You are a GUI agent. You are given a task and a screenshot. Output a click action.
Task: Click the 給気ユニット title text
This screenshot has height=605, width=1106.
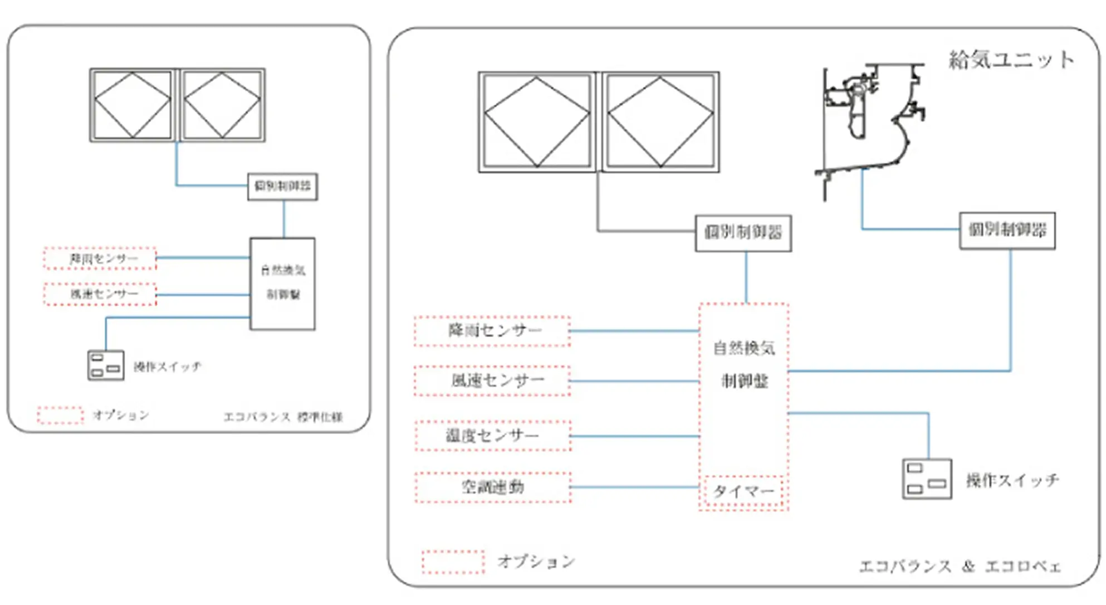pyautogui.click(x=1011, y=60)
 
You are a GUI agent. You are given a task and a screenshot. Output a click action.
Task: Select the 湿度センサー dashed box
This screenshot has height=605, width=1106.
pyautogui.click(x=493, y=436)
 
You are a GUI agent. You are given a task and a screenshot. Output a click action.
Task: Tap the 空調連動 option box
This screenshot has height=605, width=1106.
pyautogui.click(x=493, y=487)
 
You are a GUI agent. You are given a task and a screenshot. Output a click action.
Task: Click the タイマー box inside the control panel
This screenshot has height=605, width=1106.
pyautogui.click(x=743, y=491)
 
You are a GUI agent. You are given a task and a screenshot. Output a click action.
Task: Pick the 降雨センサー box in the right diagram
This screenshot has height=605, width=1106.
pyautogui.click(x=493, y=331)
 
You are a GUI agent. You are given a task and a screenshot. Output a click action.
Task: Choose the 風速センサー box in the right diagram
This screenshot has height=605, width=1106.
pyautogui.click(x=493, y=381)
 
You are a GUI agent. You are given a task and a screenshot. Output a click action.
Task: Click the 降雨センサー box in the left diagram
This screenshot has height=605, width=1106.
pyautogui.click(x=100, y=258)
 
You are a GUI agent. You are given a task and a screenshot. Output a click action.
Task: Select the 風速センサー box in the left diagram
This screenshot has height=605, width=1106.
pyautogui.click(x=100, y=294)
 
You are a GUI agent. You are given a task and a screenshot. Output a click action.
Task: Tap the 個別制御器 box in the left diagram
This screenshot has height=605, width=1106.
pyautogui.click(x=283, y=186)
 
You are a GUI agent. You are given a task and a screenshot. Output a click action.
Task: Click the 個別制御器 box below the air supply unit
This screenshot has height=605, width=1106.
pyautogui.click(x=1007, y=230)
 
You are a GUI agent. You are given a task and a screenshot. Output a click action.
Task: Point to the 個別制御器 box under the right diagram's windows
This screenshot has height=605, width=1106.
pyautogui.click(x=743, y=233)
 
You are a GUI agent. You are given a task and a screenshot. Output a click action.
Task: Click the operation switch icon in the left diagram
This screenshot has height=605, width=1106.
pyautogui.click(x=106, y=365)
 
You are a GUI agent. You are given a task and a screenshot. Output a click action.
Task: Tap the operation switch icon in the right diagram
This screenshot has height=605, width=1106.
pyautogui.click(x=927, y=479)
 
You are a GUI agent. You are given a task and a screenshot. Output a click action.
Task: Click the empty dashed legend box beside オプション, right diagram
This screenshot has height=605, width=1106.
pyautogui.click(x=453, y=562)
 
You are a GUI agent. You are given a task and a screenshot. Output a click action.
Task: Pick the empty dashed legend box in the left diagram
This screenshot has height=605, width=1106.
pyautogui.click(x=60, y=415)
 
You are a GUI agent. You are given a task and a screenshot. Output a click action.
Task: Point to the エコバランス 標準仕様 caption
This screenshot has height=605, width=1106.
pyautogui.click(x=283, y=417)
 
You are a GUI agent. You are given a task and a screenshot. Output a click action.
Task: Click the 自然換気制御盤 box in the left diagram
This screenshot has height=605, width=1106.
pyautogui.click(x=283, y=284)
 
